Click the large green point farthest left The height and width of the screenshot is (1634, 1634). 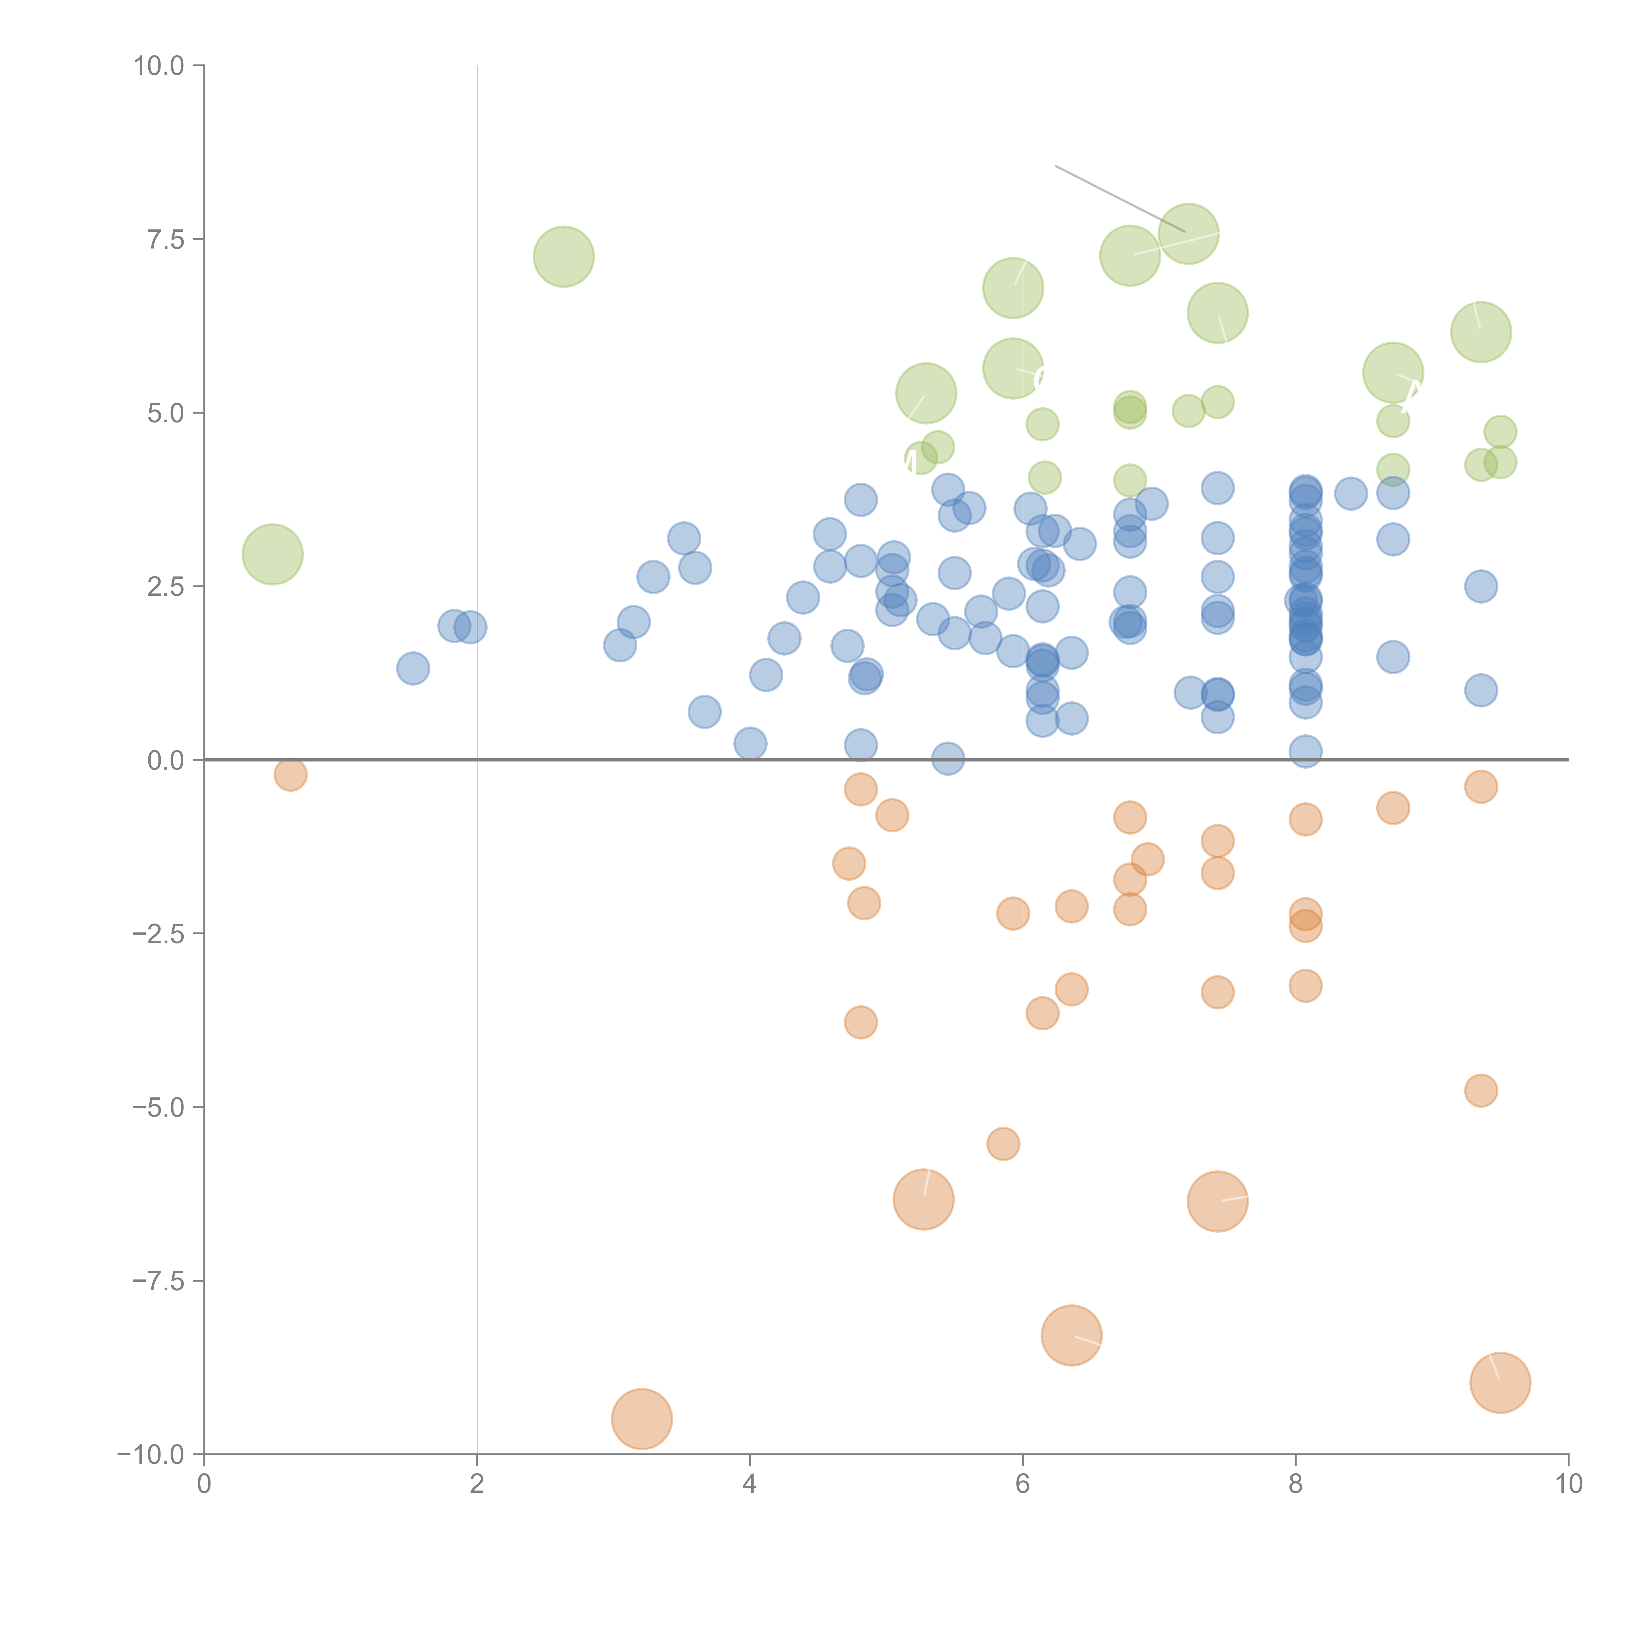click(x=272, y=554)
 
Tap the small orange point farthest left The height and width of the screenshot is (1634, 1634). click(x=290, y=774)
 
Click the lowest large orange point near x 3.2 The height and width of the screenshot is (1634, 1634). click(x=642, y=1419)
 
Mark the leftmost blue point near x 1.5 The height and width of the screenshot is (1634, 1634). click(x=413, y=668)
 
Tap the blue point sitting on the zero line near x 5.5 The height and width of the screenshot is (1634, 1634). click(x=948, y=759)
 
